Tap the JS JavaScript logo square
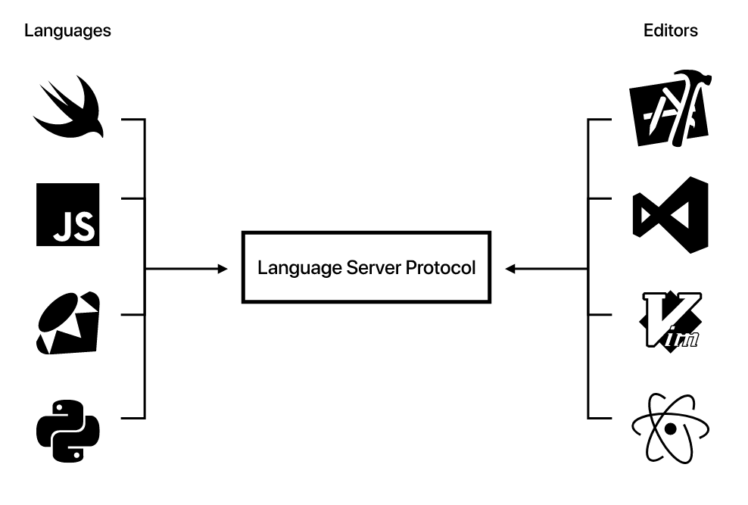coord(67,214)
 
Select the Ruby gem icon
coord(68,321)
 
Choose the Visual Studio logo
coord(670,214)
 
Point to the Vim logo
coord(669,321)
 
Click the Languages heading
coord(67,31)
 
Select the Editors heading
coord(670,31)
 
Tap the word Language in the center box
coord(290,268)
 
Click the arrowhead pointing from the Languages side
coord(223,269)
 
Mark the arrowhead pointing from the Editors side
coord(511,269)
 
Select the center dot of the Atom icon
coord(669,429)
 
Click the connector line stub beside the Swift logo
coord(132,120)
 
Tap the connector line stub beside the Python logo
coord(132,417)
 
